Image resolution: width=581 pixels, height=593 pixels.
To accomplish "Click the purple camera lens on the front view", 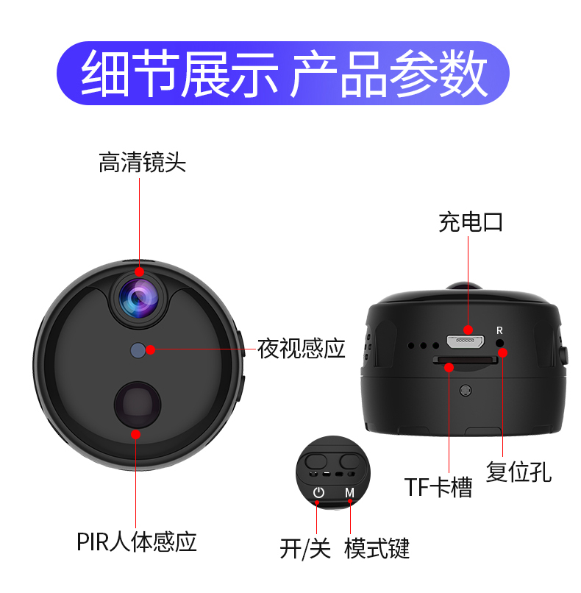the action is point(139,299).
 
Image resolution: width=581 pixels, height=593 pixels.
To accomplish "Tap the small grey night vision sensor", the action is point(138,351).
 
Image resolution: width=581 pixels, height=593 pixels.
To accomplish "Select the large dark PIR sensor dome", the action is point(138,405).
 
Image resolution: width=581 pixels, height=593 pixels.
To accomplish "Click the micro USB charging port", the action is point(466,342).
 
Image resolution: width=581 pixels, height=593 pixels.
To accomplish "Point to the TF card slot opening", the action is point(466,360).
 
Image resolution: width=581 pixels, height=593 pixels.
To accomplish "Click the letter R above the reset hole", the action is point(499,330).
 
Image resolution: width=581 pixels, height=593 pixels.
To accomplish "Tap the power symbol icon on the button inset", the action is point(318,492).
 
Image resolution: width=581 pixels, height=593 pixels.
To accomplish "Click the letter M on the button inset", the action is point(349,492).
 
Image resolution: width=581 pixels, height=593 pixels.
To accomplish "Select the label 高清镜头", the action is point(142,163).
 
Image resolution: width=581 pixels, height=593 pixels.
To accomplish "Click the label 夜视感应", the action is point(302,348).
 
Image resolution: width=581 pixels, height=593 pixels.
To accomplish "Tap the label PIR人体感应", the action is point(137,542).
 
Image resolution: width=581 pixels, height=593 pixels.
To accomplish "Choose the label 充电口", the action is point(471,222).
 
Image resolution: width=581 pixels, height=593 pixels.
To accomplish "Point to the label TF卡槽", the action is point(438,487).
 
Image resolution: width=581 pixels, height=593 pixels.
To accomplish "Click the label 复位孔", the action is point(518,472).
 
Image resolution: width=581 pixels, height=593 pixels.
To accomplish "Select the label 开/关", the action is point(305,548).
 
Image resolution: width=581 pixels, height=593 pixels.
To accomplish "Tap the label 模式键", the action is point(377,548).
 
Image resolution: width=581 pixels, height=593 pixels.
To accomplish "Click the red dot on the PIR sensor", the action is point(136,435).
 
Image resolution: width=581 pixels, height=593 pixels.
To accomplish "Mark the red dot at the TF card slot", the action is point(449,367).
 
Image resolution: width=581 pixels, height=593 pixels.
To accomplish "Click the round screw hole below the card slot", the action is point(466,390).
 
